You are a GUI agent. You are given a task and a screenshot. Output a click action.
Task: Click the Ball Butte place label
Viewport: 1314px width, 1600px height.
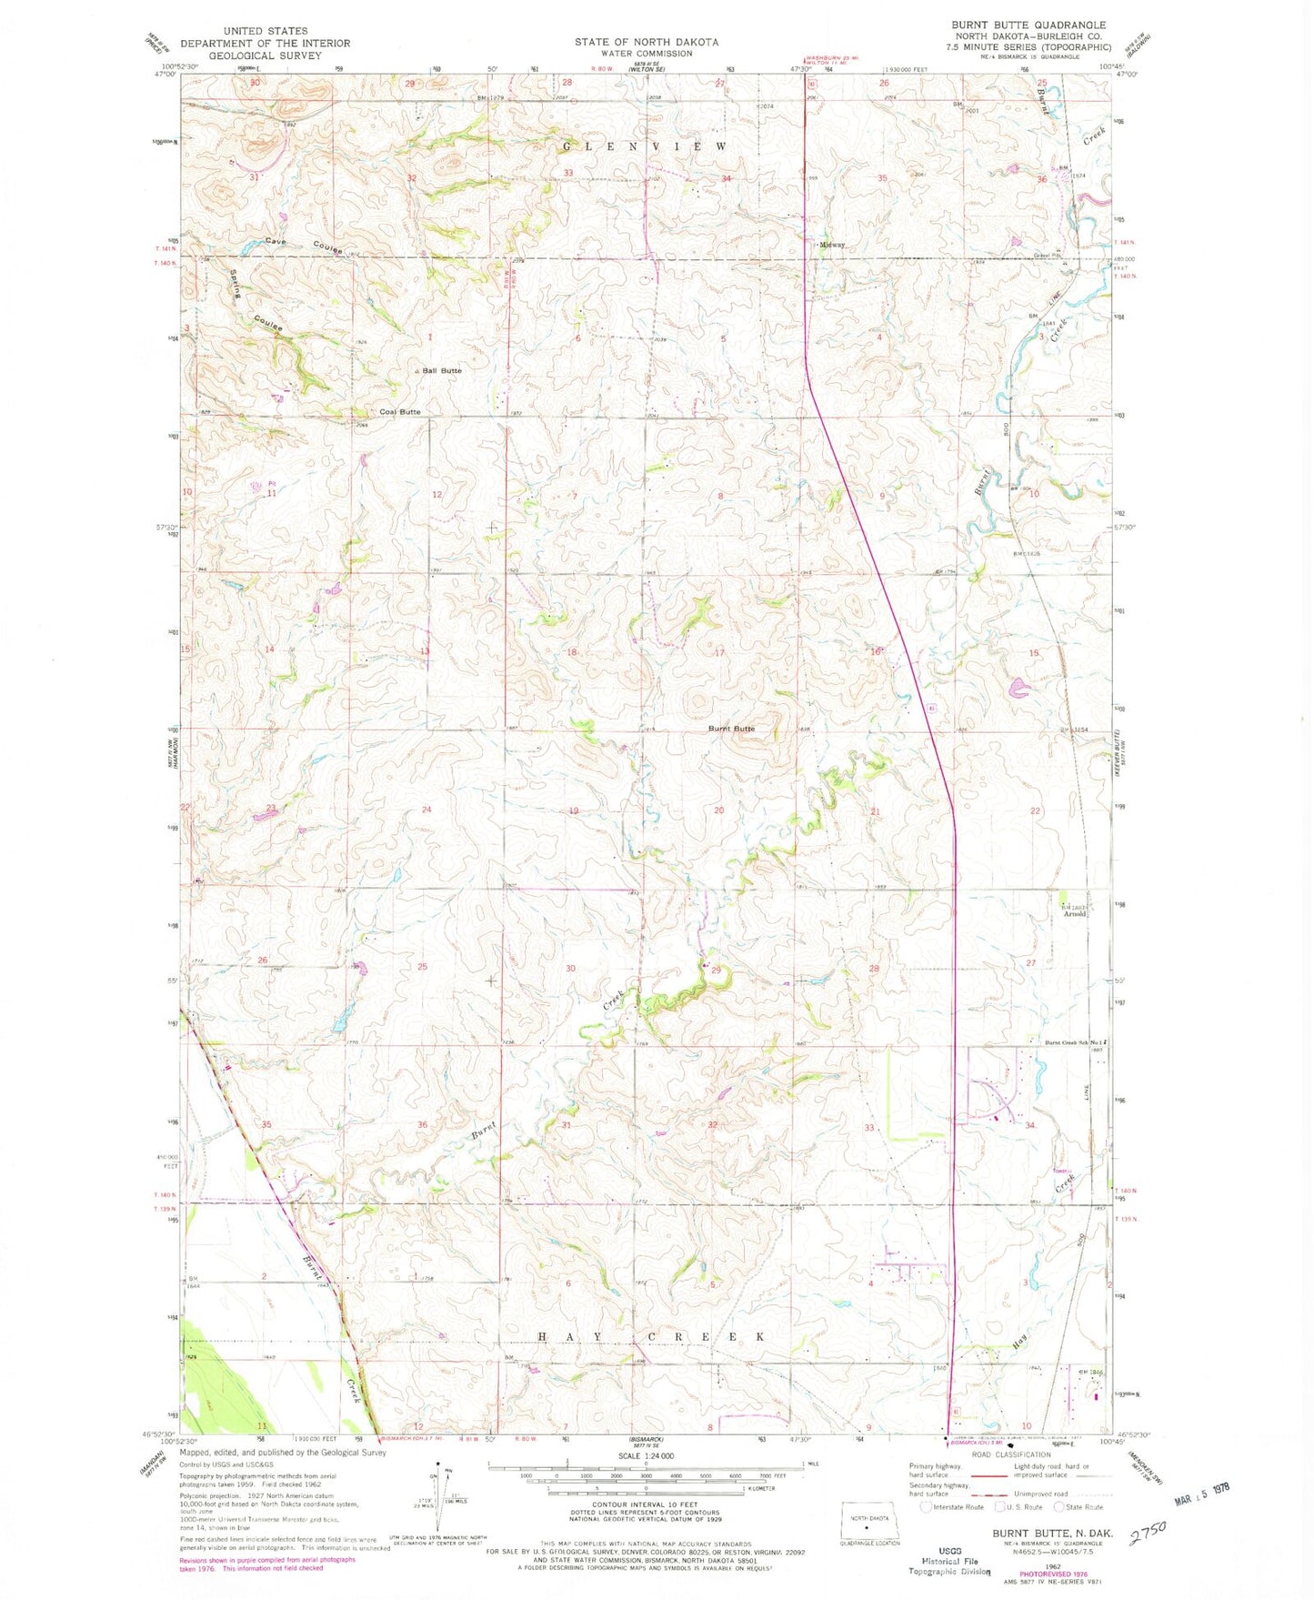pyautogui.click(x=442, y=370)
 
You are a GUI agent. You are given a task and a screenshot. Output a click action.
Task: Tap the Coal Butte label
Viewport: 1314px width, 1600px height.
pyautogui.click(x=400, y=412)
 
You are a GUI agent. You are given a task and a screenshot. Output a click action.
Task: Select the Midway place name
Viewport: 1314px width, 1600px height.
pyautogui.click(x=832, y=245)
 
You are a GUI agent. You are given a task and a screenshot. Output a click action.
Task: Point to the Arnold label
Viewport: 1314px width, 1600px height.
pyautogui.click(x=1075, y=913)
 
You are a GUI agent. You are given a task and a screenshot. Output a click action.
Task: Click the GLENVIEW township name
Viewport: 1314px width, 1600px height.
pyautogui.click(x=645, y=146)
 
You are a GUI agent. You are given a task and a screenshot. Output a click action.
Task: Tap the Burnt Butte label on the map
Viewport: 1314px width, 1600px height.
pyautogui.click(x=731, y=729)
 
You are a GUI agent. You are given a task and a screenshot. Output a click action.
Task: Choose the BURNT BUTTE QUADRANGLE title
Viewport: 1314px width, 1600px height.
pyautogui.click(x=1028, y=25)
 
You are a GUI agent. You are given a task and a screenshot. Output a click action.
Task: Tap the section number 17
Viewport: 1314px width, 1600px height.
pyautogui.click(x=719, y=653)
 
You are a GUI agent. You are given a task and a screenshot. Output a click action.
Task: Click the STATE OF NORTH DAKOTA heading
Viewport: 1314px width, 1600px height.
pyautogui.click(x=646, y=42)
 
